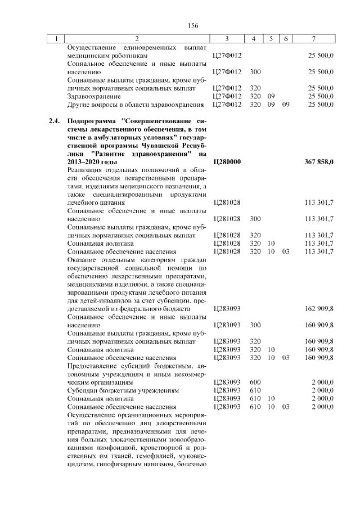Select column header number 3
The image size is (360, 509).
click(x=227, y=39)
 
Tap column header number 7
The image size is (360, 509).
click(x=313, y=39)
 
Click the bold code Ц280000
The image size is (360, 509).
click(x=227, y=162)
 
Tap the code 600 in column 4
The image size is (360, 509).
click(x=255, y=382)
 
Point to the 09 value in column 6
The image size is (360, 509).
click(x=286, y=105)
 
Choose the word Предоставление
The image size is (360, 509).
click(x=94, y=366)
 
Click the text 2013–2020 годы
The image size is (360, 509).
click(x=88, y=162)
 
